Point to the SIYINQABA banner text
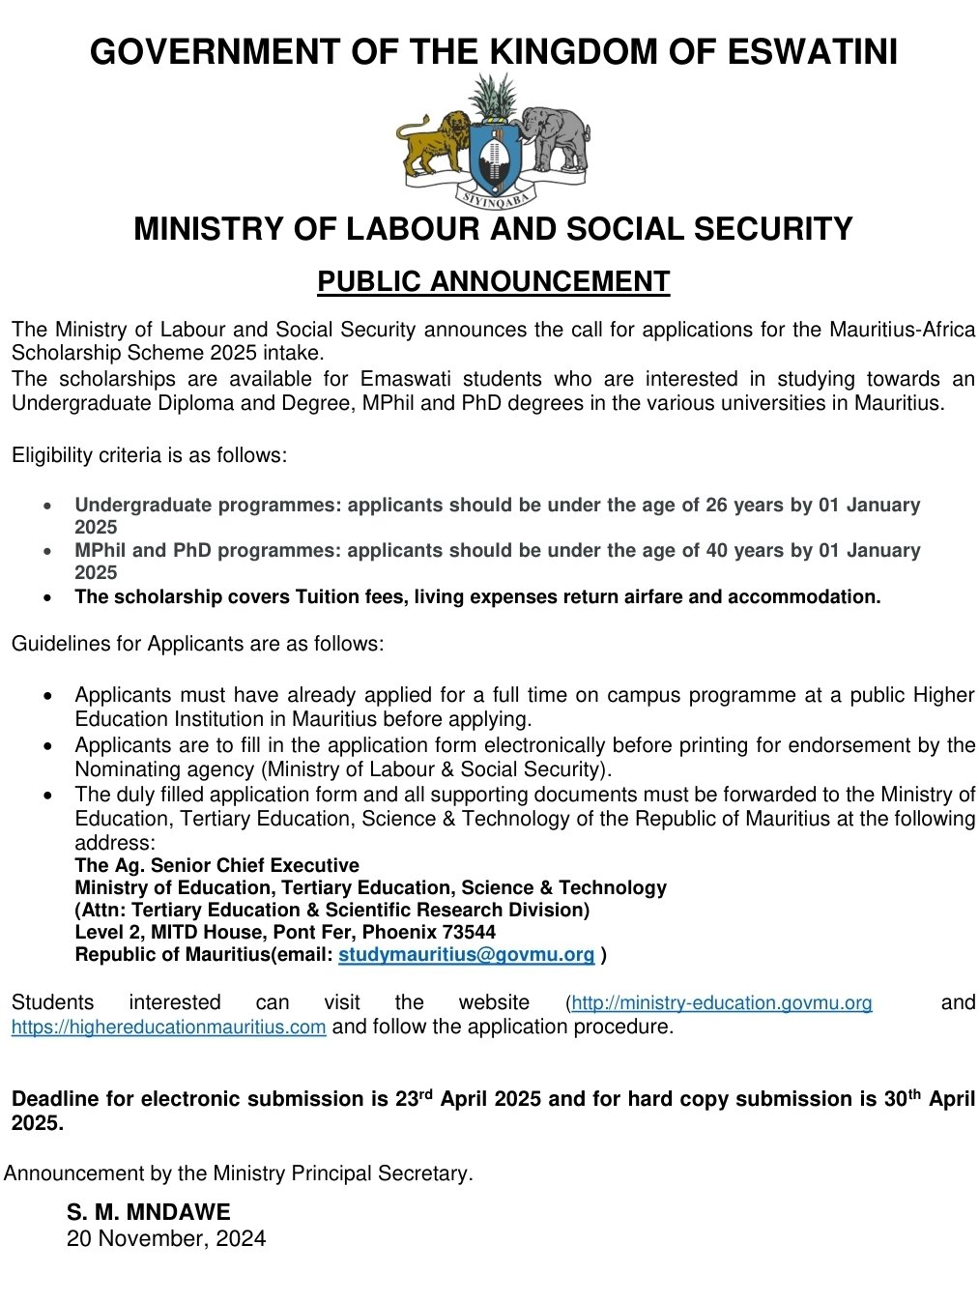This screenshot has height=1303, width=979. point(494,199)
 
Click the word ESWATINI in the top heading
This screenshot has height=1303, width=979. point(812,51)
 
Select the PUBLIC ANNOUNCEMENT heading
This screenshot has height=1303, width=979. point(493,281)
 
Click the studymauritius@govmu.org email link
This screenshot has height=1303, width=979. point(466,955)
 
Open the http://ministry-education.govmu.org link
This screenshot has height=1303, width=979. point(722,1002)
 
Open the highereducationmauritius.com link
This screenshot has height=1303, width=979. point(168,1027)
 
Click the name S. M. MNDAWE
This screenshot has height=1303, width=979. point(149,1212)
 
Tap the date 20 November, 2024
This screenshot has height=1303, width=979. point(166,1238)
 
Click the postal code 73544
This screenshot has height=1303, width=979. point(469,933)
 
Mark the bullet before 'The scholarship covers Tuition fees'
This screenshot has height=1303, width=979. point(49,598)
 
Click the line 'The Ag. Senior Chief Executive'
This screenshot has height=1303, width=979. point(216,865)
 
